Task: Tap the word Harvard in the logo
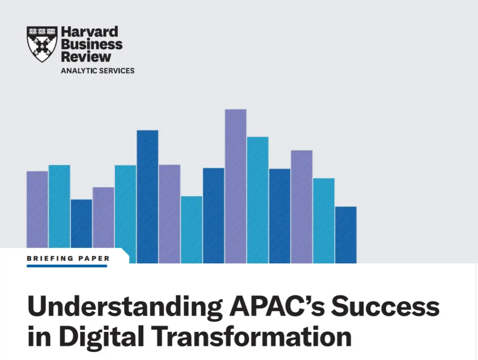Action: click(90, 32)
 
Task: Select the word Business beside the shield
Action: click(92, 44)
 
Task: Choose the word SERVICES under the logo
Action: click(116, 71)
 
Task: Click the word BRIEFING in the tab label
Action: click(50, 259)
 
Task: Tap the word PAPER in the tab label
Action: click(94, 259)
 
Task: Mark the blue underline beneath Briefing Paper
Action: click(67, 266)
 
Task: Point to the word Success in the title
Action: click(385, 306)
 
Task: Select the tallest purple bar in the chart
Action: click(236, 186)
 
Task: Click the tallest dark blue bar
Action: click(148, 197)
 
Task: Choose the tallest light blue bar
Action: click(258, 200)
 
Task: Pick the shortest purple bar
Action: click(103, 218)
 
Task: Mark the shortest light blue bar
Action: click(191, 230)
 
